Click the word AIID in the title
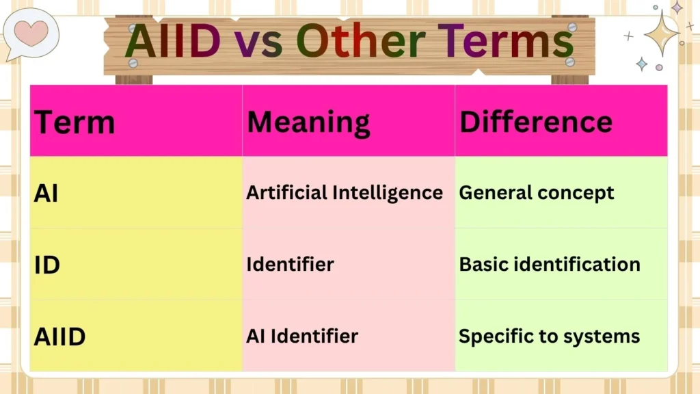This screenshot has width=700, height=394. (x=173, y=40)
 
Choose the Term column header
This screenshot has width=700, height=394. (x=75, y=122)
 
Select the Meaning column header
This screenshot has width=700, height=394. (x=308, y=122)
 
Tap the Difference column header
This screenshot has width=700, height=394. (x=535, y=122)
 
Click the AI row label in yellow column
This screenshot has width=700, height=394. (x=46, y=194)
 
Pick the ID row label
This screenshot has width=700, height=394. (x=47, y=265)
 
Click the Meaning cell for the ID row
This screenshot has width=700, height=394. (x=290, y=264)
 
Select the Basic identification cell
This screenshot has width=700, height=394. (x=549, y=264)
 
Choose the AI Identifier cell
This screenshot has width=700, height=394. (x=301, y=336)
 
